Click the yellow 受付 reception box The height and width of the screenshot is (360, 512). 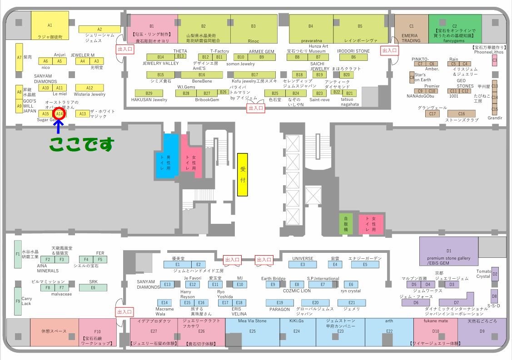(243, 174)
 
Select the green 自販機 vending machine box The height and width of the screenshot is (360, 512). (345, 224)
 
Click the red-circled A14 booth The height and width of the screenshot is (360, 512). (59, 113)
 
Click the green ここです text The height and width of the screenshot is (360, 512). (81, 144)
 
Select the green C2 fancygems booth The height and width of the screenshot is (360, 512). (455, 29)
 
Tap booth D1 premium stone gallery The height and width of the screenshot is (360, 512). (448, 251)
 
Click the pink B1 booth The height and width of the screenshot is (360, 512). (152, 29)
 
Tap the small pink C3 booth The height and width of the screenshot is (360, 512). (495, 60)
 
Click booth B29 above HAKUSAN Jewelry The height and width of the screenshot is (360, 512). (149, 93)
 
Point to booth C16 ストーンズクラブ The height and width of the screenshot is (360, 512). (461, 113)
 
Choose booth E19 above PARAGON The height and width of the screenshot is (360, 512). (279, 303)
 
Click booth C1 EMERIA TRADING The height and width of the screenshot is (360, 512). (411, 29)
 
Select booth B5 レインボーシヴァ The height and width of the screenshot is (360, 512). (360, 29)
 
